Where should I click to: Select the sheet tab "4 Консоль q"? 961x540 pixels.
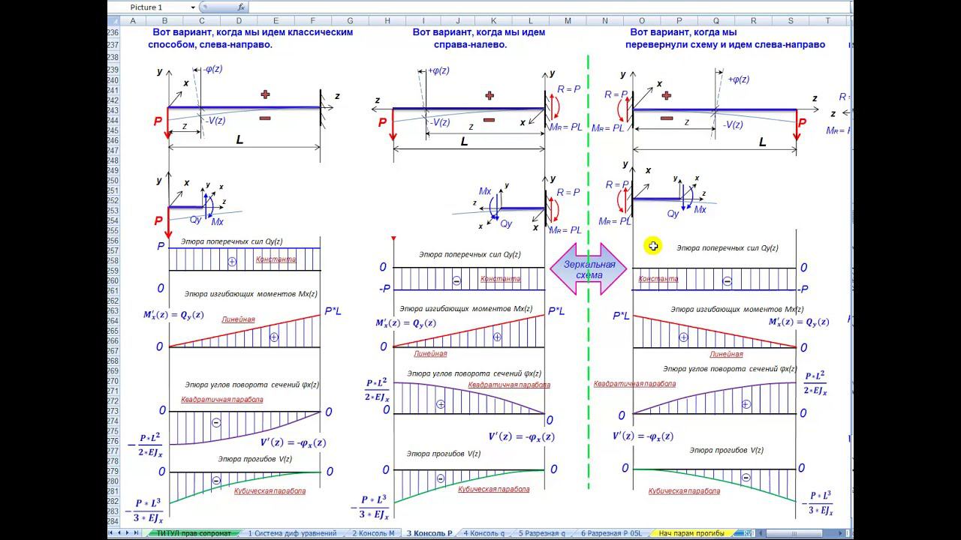coord(484,533)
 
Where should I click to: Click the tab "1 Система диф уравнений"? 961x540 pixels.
coord(292,533)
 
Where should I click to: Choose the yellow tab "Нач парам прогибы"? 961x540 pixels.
coord(691,533)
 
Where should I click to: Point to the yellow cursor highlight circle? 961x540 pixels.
coord(653,246)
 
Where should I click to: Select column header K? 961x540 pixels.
coord(493,21)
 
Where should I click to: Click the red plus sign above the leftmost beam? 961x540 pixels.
coord(265,94)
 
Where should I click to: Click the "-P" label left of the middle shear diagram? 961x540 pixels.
coord(383,289)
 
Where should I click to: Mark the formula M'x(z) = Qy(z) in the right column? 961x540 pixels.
coord(798,322)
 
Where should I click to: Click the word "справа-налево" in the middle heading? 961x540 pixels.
coord(470,44)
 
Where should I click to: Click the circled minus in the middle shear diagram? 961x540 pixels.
coord(456,280)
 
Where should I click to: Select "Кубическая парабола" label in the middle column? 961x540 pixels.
coord(493,489)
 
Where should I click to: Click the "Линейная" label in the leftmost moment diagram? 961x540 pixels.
coord(237,319)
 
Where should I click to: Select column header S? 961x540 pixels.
coord(791,21)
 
